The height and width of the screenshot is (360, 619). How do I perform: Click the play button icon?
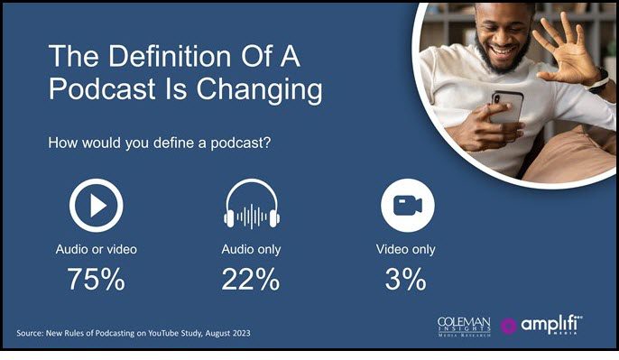click(x=95, y=207)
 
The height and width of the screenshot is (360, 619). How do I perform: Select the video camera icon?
click(x=402, y=207)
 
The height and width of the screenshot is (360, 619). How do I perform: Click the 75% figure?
click(x=95, y=280)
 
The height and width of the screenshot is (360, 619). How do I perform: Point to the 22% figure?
click(x=250, y=280)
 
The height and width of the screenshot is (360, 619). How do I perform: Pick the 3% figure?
click(x=402, y=280)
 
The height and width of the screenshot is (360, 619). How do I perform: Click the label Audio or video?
click(x=95, y=249)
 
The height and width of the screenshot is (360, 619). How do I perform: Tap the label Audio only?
click(x=250, y=249)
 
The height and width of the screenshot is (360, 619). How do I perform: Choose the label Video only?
click(x=402, y=249)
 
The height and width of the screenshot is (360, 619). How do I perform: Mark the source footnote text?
click(x=134, y=334)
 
